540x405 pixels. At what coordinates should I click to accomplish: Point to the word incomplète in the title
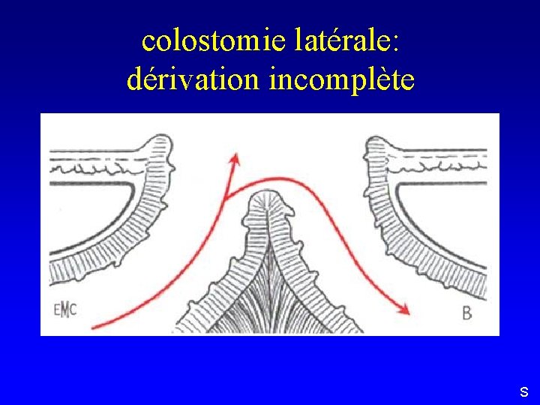(340, 79)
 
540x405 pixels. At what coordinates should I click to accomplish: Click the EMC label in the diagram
(65, 310)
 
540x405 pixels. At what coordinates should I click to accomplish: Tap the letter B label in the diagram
(466, 313)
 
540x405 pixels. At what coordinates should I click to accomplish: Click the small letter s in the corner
(523, 391)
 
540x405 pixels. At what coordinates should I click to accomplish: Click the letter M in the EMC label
(65, 310)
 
